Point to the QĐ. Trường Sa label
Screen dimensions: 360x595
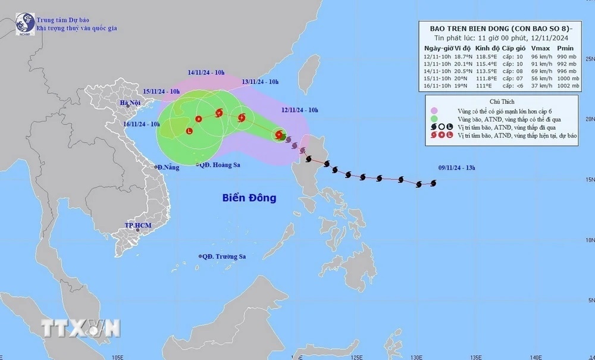tap(224, 256)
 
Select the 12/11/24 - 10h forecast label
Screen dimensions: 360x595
tap(299, 110)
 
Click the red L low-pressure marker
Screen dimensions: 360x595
tap(189, 131)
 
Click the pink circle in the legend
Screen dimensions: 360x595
tap(435, 110)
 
